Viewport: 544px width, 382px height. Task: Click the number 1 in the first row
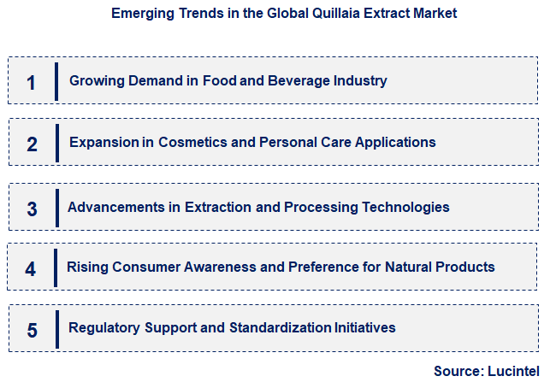click(32, 82)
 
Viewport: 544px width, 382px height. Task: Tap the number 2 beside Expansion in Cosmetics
click(32, 144)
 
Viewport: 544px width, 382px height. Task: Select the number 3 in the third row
click(32, 209)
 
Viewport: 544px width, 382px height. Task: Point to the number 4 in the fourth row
click(31, 269)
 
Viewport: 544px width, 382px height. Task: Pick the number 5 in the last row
click(32, 330)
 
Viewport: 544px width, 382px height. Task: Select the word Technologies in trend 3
click(408, 207)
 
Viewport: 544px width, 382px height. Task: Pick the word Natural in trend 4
click(390, 267)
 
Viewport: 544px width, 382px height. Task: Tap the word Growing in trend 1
click(96, 81)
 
